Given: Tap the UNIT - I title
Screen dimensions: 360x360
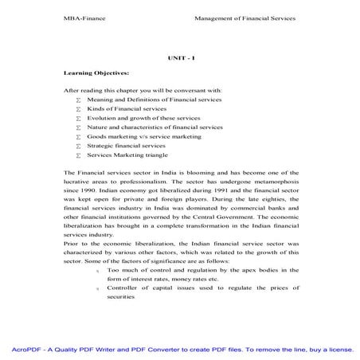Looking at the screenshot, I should [x=179, y=57].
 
